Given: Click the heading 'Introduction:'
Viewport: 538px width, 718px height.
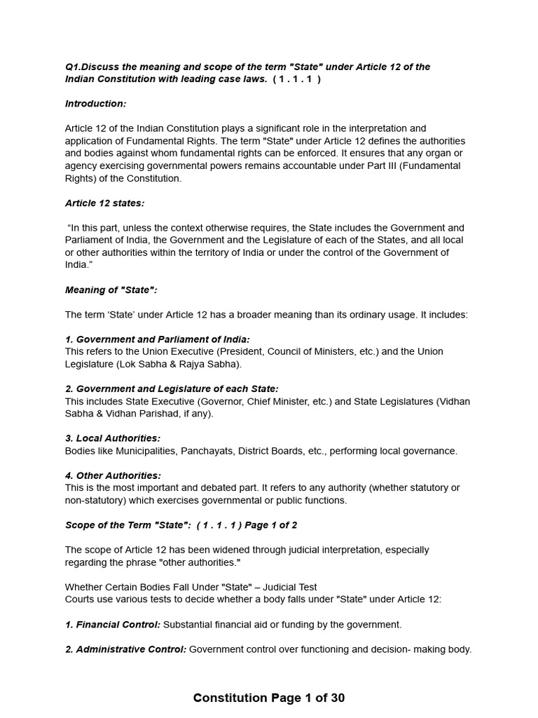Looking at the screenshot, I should (96, 104).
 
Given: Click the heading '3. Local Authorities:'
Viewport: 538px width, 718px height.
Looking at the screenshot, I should (113, 438).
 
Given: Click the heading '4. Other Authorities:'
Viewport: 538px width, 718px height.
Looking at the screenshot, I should (113, 475).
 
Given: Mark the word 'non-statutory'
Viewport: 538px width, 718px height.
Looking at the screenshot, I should (95, 500).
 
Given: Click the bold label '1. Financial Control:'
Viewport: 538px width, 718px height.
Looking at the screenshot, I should (113, 624).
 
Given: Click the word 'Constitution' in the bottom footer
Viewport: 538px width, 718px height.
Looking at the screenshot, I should (230, 698).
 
